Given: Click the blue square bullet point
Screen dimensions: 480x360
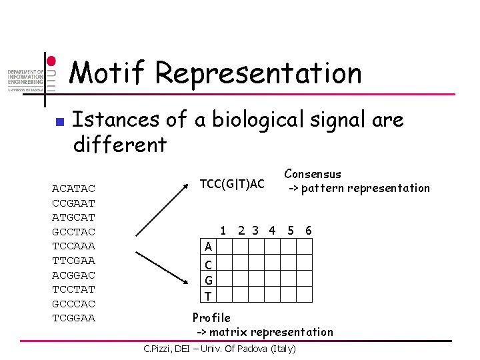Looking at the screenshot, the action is tap(58, 122).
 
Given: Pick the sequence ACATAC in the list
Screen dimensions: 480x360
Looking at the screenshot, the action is tap(73, 189).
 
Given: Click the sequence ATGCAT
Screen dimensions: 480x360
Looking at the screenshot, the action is tap(73, 217).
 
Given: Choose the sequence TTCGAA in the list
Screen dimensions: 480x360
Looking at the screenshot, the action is tap(73, 260).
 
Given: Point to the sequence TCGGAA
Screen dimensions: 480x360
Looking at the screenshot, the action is tap(73, 318).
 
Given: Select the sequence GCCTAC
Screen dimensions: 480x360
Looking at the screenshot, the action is tap(73, 231).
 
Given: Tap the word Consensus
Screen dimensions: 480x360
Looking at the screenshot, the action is tap(313, 174).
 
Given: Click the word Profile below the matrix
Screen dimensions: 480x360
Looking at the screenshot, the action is tap(211, 317).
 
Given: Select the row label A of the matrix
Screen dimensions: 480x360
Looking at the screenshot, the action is tap(209, 247).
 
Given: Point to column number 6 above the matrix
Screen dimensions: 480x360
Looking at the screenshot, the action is tap(308, 231).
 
